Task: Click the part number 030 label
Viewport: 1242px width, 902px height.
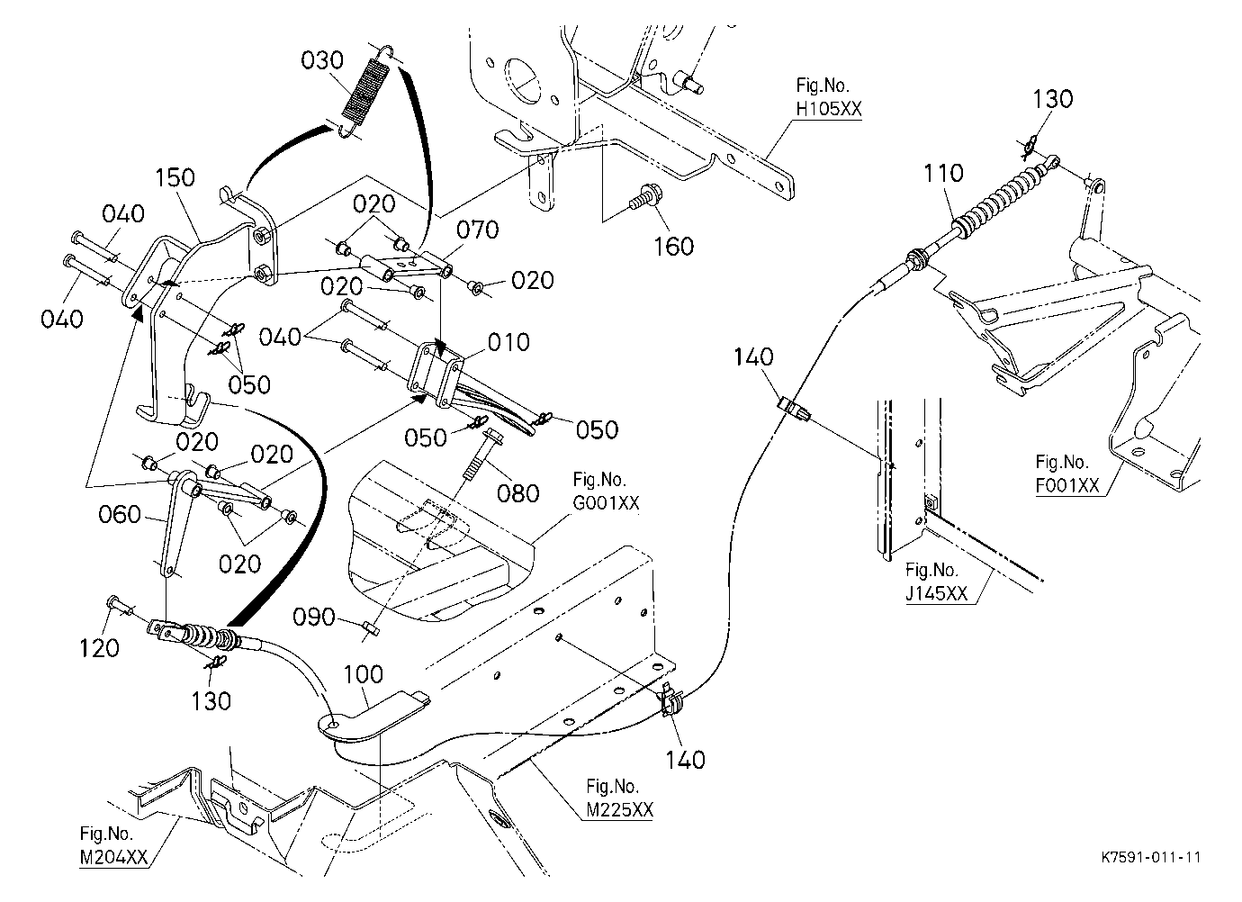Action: pos(322,60)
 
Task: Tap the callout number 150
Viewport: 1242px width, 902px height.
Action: pos(175,177)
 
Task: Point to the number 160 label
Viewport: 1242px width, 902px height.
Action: pos(674,247)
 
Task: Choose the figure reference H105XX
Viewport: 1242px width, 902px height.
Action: pos(829,109)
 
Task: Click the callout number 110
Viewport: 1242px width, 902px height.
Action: pos(944,173)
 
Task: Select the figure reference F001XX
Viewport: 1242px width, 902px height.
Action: pos(1067,485)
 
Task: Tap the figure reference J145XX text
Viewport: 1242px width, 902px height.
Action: pos(937,593)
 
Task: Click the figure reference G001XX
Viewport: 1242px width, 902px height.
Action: pos(606,502)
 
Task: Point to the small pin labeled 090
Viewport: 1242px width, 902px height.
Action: pos(372,628)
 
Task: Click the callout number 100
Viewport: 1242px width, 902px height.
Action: pos(364,674)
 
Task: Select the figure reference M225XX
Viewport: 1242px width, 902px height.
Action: pos(620,810)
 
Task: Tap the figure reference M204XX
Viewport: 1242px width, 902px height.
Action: pos(113,858)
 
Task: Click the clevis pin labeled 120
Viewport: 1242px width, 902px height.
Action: pos(119,605)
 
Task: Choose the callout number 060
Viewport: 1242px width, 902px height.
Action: pos(119,514)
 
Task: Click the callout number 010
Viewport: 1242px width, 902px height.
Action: pos(508,342)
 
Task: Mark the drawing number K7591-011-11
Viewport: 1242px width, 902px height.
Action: pos(1151,857)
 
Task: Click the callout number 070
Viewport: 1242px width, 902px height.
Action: pos(477,230)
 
